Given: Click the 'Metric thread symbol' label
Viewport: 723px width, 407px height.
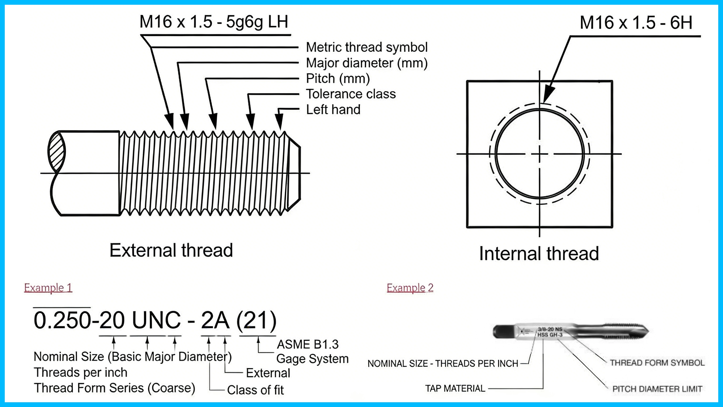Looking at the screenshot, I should [x=367, y=47].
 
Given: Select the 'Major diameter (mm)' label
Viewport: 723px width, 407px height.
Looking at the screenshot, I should [x=367, y=63].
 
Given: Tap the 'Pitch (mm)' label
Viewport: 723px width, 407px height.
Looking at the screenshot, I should [x=338, y=78].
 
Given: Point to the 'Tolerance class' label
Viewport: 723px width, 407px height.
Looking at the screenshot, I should [x=351, y=94].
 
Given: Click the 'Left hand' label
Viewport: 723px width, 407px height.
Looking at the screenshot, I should [x=333, y=110].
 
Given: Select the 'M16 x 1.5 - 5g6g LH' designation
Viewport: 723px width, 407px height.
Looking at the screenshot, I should [x=214, y=22].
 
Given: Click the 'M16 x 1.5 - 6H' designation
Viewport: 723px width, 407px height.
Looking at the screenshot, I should [x=636, y=23].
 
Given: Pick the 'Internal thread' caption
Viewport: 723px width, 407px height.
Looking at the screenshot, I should [x=539, y=253].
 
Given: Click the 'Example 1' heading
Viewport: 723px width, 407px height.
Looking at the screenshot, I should [x=48, y=288].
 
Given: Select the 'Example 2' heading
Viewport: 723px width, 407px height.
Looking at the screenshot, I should [x=410, y=288].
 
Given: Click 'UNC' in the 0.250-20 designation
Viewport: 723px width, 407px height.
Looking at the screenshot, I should [x=156, y=320].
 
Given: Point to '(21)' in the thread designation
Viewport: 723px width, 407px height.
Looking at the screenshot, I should [x=257, y=320].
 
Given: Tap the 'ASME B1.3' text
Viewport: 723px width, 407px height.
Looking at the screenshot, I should [x=308, y=344].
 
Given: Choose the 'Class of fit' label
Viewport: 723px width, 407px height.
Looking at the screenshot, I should [x=255, y=390].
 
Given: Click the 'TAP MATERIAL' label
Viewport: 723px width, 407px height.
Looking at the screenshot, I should [x=455, y=388].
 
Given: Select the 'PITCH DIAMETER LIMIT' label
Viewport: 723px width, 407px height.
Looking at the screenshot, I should [x=657, y=389].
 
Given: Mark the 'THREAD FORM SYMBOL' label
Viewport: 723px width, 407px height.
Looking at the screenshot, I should [x=657, y=363].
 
